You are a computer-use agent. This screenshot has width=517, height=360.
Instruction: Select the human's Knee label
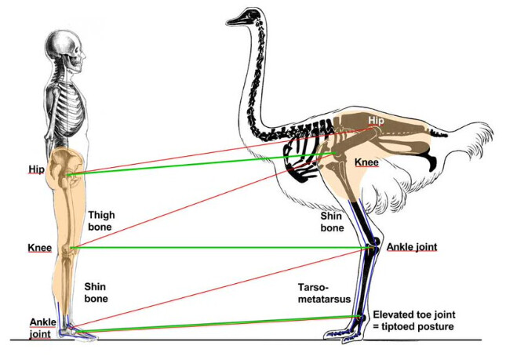tap(39, 248)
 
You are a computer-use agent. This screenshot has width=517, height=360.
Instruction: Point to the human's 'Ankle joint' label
tap(42, 328)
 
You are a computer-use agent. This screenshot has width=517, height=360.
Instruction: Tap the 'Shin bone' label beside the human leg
tap(96, 293)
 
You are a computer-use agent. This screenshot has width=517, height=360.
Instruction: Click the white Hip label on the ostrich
tap(377, 120)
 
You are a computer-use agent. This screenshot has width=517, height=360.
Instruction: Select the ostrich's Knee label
tap(367, 162)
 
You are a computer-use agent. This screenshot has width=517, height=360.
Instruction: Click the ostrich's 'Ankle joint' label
tap(412, 247)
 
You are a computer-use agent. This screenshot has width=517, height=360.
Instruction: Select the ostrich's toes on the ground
tap(345, 333)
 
